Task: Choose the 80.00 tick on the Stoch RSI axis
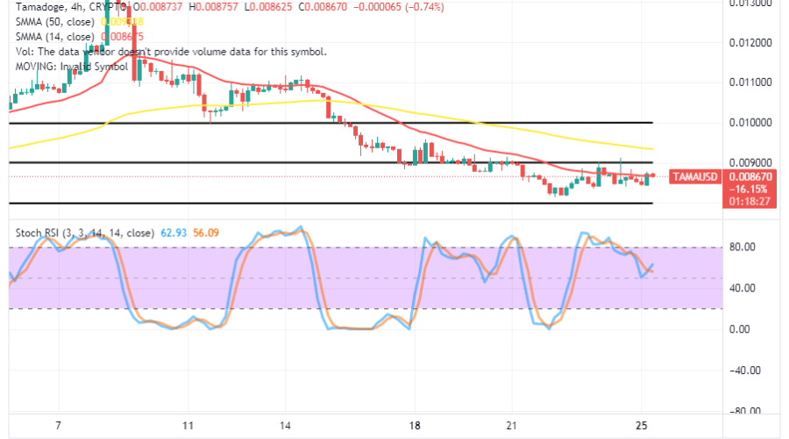coord(745,248)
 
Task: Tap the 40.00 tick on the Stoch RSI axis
coord(745,288)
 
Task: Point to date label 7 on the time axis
coord(58,426)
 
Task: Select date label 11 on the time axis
coord(188,426)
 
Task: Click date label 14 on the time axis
coord(287,426)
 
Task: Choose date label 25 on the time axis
coord(642,426)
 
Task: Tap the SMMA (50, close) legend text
coord(52,22)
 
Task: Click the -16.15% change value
coord(746,189)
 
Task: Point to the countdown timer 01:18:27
coord(748,201)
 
